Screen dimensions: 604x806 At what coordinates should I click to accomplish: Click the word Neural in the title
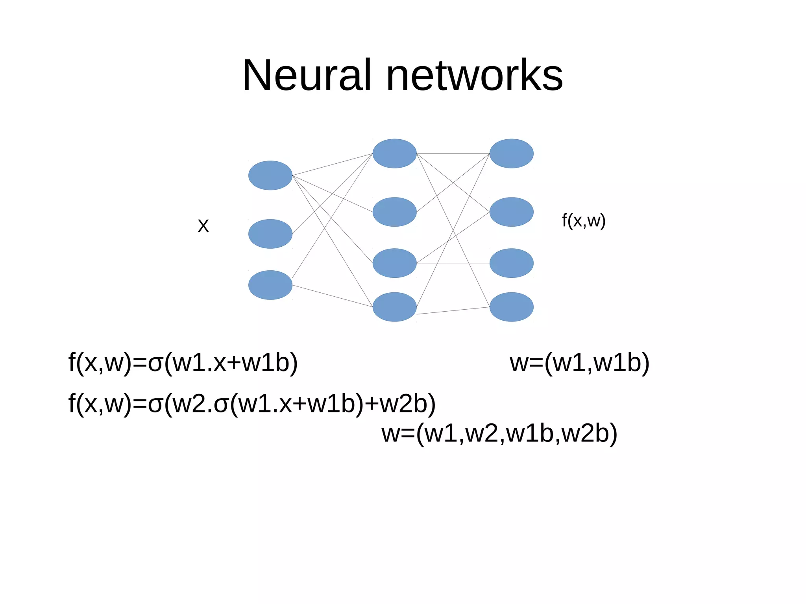307,75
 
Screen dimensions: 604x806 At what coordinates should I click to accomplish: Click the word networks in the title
474,75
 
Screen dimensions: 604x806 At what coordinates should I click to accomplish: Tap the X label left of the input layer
203,226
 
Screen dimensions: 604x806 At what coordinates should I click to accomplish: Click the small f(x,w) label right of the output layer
583,221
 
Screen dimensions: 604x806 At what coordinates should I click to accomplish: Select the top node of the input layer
270,175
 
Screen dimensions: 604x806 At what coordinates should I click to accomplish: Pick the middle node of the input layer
270,234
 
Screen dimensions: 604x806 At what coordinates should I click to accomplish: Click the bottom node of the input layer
270,285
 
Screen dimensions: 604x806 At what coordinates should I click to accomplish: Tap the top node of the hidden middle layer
394,153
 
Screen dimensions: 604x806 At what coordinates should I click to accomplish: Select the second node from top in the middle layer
394,212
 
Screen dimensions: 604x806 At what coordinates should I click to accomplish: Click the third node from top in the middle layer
394,263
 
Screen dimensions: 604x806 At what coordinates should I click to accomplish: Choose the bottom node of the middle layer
394,307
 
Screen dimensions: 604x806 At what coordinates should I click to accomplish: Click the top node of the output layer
511,153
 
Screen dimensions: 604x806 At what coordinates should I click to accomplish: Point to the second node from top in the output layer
511,212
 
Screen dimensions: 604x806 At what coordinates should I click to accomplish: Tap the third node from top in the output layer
511,263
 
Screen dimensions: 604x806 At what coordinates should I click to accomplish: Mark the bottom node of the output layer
511,307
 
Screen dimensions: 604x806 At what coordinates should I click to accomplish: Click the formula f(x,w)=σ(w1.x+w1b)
183,362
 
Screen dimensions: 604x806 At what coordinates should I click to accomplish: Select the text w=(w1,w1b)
579,362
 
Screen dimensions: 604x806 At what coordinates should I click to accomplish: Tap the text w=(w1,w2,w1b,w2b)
499,433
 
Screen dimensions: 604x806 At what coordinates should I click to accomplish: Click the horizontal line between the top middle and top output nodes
453,153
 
